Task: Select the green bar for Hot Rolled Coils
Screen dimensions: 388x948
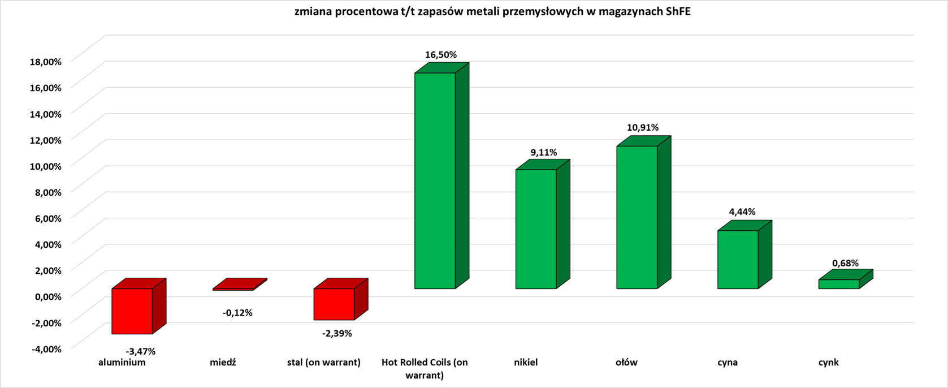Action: tap(435, 180)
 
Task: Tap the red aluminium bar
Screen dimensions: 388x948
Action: tap(132, 311)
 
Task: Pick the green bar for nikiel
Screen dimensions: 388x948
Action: tap(536, 229)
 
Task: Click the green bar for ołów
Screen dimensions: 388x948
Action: tap(637, 217)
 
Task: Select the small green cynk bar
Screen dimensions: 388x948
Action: tap(839, 284)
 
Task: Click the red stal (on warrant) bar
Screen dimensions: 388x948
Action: tap(334, 304)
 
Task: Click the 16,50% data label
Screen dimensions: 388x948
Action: tap(441, 55)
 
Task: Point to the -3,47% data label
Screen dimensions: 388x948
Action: tap(141, 351)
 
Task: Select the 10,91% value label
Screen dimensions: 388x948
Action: tap(643, 128)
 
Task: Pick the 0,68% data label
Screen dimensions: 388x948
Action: tap(845, 263)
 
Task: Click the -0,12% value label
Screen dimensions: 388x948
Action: tap(237, 313)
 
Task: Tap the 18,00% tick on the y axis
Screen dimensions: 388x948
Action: tap(45, 62)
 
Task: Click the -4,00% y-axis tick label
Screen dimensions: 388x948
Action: tap(46, 349)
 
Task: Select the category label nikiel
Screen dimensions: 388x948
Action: tap(526, 363)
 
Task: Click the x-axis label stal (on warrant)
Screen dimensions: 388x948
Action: tap(324, 363)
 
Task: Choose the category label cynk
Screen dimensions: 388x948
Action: tap(829, 363)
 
